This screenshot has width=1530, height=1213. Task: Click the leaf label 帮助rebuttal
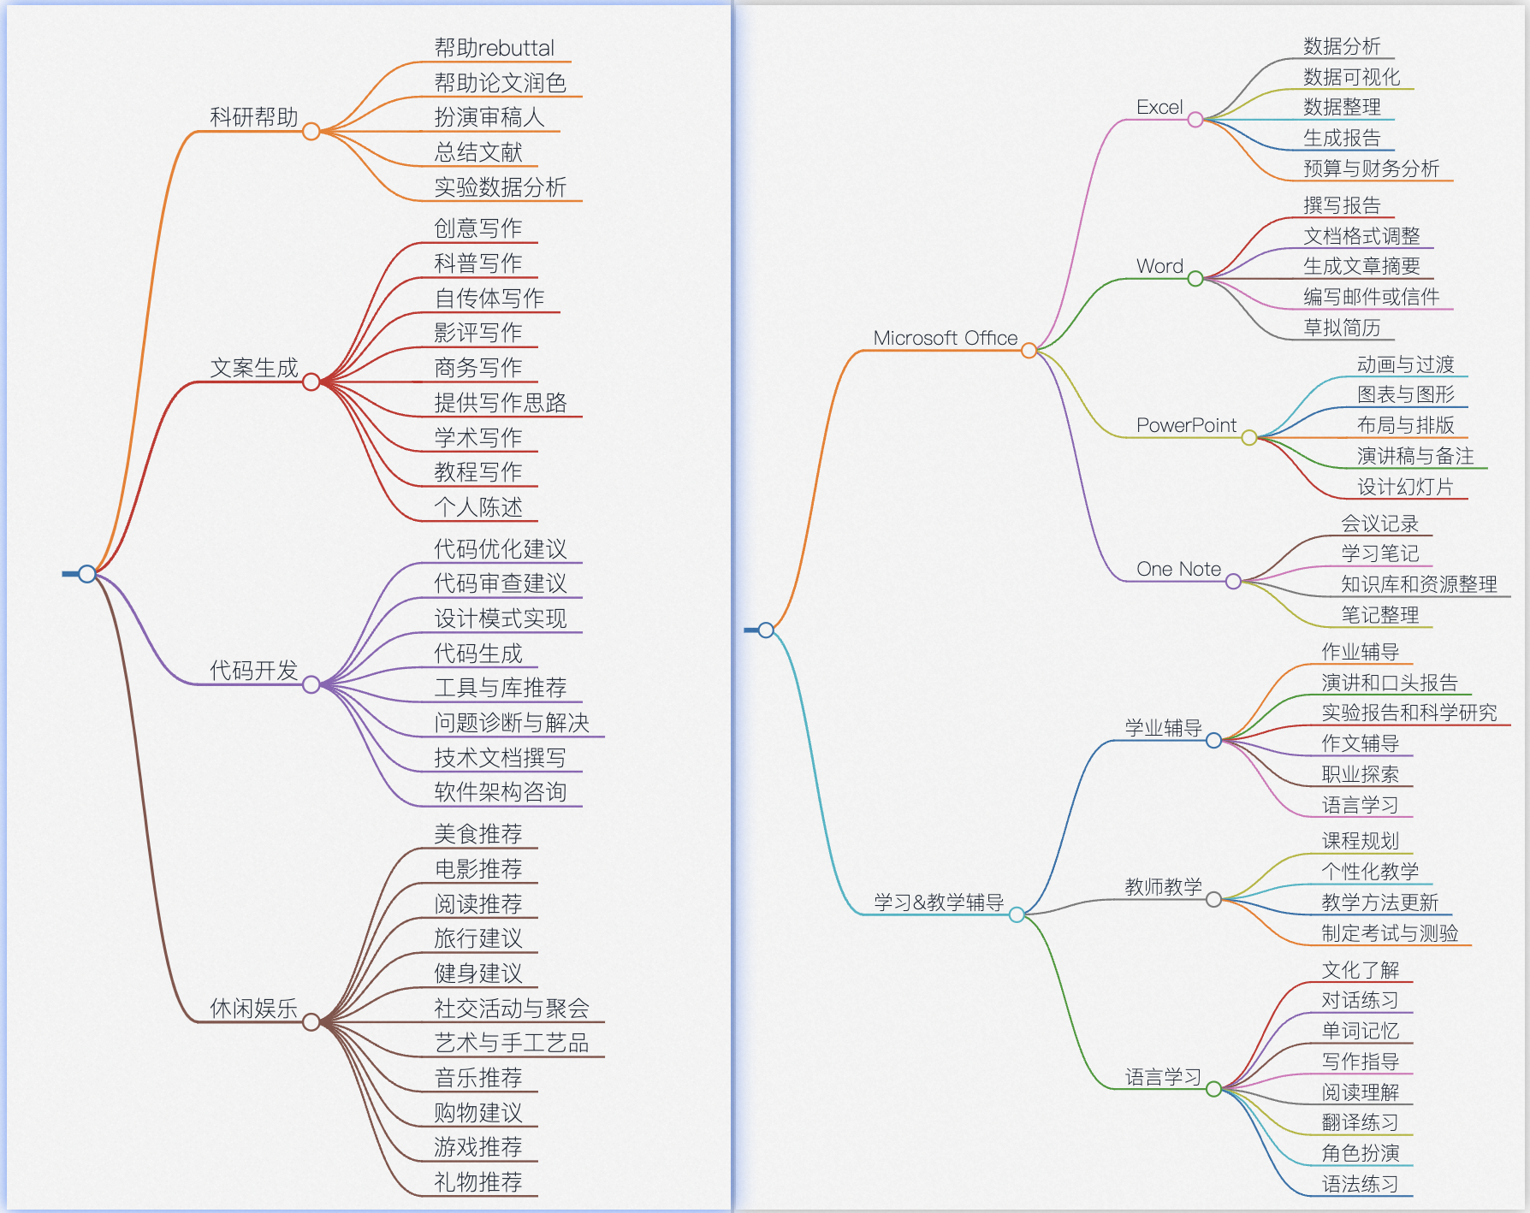494,48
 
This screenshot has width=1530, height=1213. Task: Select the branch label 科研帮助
254,117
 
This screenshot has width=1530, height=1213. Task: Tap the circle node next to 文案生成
311,382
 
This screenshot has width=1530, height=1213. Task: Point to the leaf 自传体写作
489,298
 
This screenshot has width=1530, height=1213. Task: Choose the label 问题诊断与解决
511,723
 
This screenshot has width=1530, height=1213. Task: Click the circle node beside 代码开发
311,684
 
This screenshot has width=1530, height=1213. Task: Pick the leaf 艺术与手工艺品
511,1043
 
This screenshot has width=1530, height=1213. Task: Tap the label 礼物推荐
477,1182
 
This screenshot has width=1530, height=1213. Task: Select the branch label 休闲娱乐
254,1009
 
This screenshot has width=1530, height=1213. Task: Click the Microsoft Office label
945,338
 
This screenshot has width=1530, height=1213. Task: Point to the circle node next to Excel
1195,120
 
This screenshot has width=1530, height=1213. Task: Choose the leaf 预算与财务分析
1371,169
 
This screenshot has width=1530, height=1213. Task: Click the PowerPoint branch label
1186,425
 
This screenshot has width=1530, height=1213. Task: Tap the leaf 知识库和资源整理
1419,584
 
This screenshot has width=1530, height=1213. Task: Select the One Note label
1178,569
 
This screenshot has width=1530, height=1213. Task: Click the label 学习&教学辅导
939,902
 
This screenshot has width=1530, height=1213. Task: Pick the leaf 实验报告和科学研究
1409,713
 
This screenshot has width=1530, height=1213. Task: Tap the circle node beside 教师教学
1213,899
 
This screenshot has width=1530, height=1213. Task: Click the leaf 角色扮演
1361,1153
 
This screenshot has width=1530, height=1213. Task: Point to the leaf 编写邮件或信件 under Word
1371,297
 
